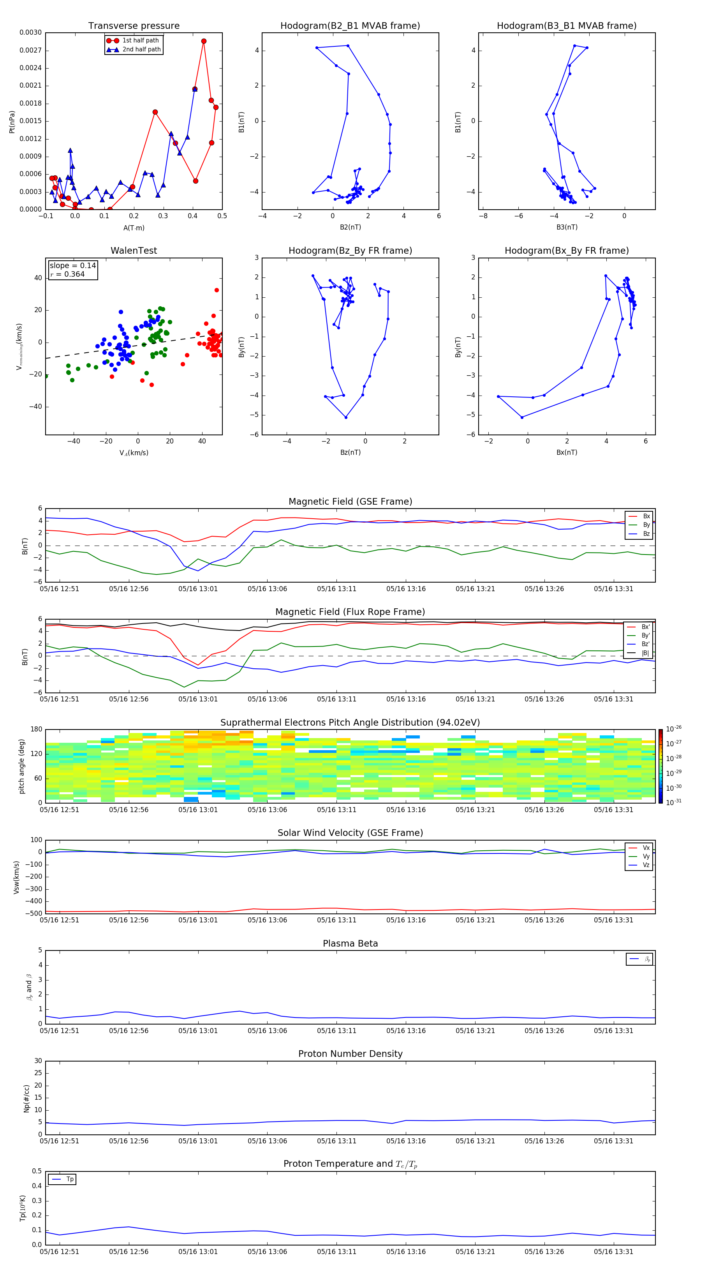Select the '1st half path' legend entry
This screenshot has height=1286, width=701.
pyautogui.click(x=140, y=41)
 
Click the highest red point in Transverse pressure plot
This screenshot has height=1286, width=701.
pyautogui.click(x=204, y=41)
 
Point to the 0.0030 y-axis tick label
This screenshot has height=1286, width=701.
pyautogui.click(x=30, y=32)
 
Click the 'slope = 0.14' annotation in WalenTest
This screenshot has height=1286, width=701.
pyautogui.click(x=72, y=266)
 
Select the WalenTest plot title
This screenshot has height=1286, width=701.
pyautogui.click(x=134, y=251)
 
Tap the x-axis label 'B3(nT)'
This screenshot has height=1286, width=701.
pyautogui.click(x=567, y=227)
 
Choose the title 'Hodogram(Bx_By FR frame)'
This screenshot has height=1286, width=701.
pyautogui.click(x=566, y=251)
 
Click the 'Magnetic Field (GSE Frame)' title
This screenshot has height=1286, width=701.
pyautogui.click(x=350, y=502)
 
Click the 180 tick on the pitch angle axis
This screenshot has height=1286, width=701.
pyautogui.click(x=37, y=730)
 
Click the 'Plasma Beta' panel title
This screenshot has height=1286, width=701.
pyautogui.click(x=350, y=943)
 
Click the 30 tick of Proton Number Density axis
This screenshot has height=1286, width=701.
pyautogui.click(x=38, y=1061)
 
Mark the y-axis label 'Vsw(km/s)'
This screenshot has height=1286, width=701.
pyautogui.click(x=16, y=877)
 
